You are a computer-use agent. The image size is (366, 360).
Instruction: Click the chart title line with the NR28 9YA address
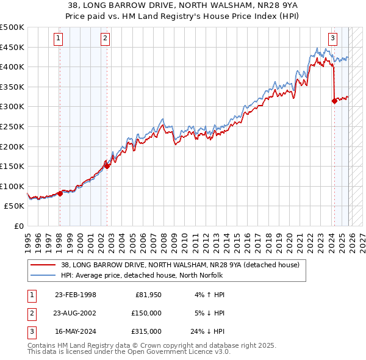(x=182, y=5)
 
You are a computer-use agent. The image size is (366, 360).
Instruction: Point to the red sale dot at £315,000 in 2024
(x=334, y=101)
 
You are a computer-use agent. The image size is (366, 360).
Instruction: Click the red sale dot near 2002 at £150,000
(x=107, y=166)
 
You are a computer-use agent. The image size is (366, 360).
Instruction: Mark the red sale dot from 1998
(x=60, y=193)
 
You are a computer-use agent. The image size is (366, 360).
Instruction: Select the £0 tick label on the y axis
(x=18, y=226)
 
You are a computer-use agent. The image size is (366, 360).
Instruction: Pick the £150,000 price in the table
(x=147, y=313)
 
